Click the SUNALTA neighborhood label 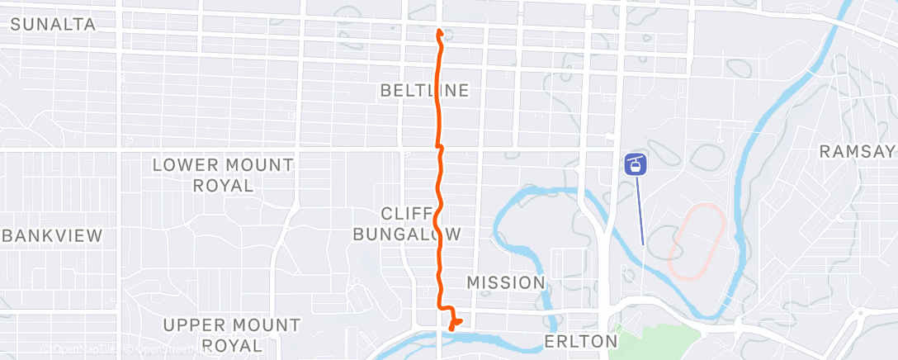click(x=53, y=25)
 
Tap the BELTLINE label click(x=425, y=90)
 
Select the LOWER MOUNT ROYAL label click(x=223, y=174)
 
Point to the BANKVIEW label click(x=53, y=235)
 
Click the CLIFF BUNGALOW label click(x=407, y=223)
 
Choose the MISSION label click(x=506, y=282)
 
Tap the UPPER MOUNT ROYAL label click(x=231, y=334)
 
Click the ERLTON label click(x=581, y=341)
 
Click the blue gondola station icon click(x=636, y=164)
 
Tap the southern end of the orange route click(x=451, y=329)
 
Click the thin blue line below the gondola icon click(x=640, y=211)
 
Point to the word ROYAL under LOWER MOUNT click(x=223, y=185)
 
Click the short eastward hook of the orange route click(x=456, y=321)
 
